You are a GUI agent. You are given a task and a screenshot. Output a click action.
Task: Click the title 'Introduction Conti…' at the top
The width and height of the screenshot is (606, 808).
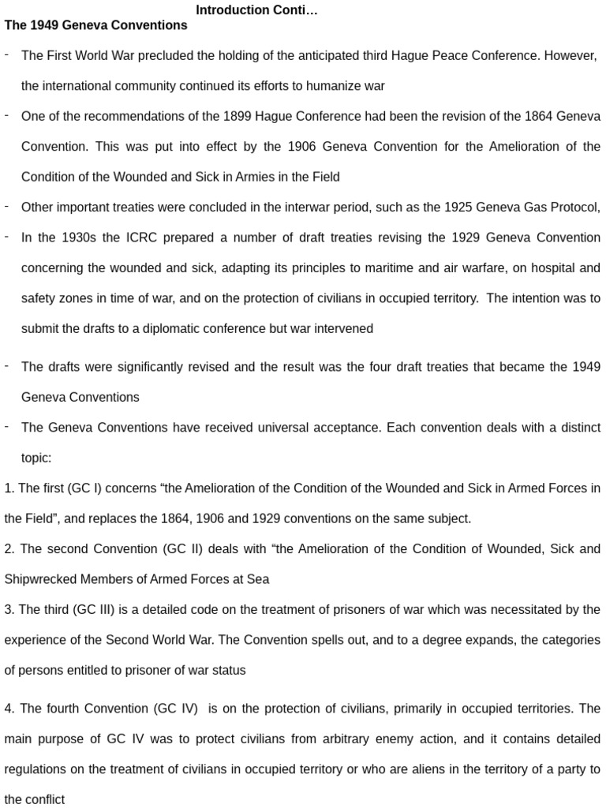coord(245,10)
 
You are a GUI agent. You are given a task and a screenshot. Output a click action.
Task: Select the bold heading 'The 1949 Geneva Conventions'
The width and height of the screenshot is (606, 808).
coord(95,25)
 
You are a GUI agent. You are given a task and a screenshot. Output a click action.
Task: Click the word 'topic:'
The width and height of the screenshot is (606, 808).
coord(36,458)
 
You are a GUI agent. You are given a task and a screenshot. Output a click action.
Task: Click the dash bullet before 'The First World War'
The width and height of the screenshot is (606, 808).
coord(6,54)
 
